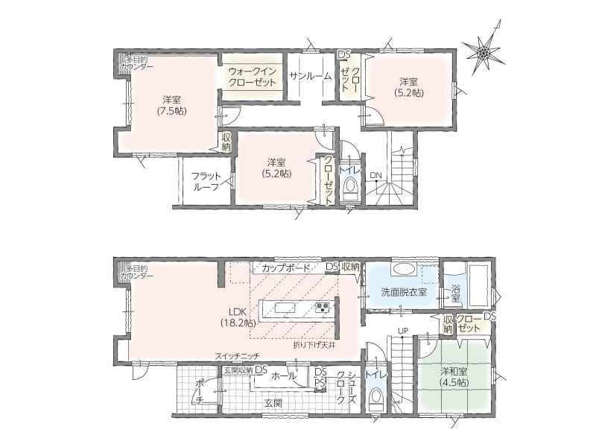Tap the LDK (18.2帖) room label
point(238,317)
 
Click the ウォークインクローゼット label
point(252,77)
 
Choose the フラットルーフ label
point(206,181)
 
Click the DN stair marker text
point(375,175)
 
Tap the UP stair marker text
point(403,331)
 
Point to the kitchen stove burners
point(323,307)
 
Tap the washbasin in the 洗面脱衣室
point(404,270)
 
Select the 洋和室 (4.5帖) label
point(454,377)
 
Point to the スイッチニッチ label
point(237,356)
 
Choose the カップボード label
point(286,267)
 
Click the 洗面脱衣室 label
point(404,292)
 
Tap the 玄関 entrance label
point(273,403)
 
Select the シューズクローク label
point(346,387)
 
